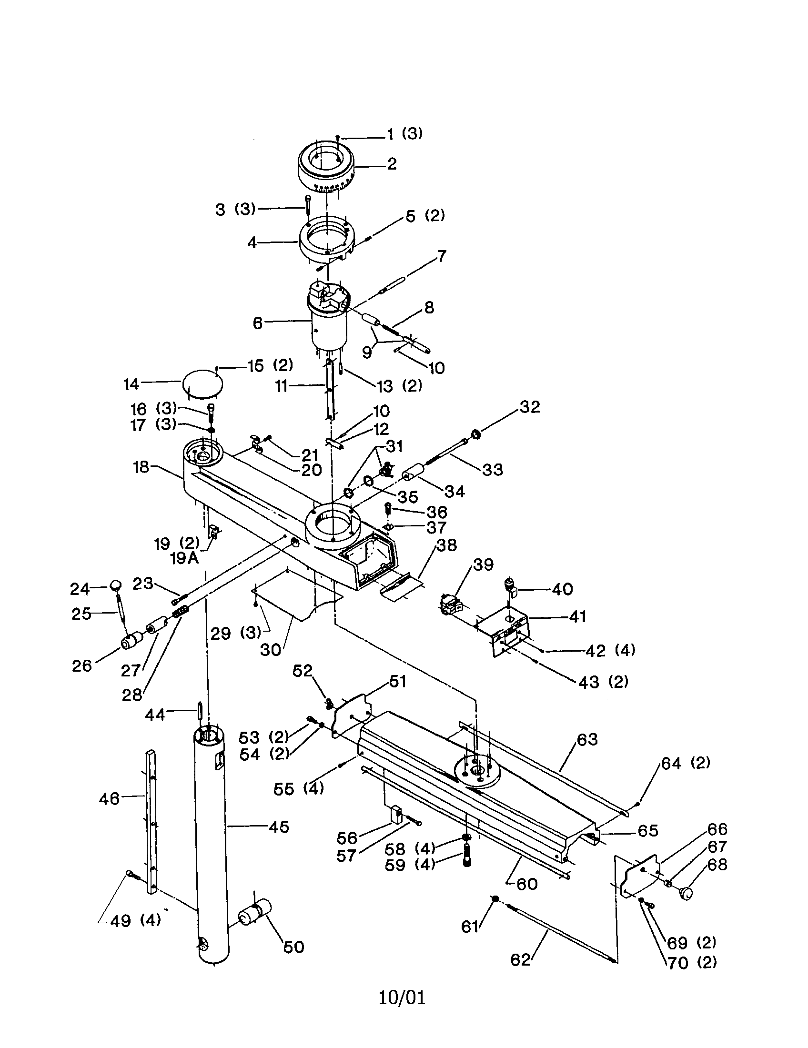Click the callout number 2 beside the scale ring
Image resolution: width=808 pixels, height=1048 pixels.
point(392,164)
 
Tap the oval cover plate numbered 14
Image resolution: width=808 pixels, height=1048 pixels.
point(202,383)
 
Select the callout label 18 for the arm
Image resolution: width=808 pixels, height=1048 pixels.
point(141,467)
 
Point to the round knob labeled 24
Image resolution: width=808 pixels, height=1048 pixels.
point(116,585)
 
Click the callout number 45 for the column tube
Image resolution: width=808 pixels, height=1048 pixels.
point(279,826)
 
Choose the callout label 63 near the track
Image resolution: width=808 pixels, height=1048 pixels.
point(587,739)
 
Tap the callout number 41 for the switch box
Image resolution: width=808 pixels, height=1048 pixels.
point(577,616)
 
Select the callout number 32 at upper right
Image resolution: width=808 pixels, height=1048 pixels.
point(530,407)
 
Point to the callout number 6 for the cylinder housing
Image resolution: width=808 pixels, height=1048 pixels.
point(258,323)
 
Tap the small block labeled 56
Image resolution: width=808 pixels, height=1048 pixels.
point(396,814)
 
